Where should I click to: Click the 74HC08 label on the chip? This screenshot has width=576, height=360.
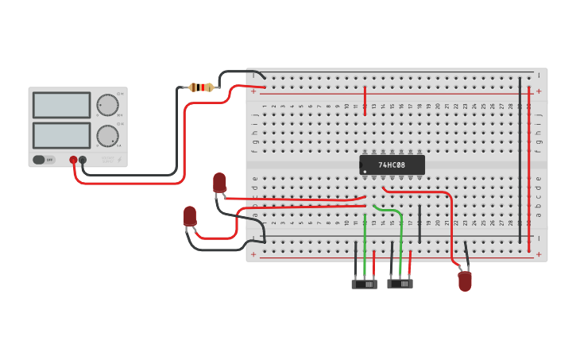point(392,165)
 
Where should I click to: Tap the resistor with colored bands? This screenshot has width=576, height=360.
point(202,87)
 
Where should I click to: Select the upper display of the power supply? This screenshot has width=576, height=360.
point(61,105)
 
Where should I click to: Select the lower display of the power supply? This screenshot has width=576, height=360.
point(61,135)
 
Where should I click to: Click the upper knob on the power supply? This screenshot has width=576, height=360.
point(107,105)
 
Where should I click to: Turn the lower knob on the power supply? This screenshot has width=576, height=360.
point(107,136)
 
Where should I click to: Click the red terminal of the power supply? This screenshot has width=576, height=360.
point(73,160)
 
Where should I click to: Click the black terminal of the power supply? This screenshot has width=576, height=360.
point(83,160)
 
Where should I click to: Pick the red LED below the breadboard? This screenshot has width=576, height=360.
point(465,281)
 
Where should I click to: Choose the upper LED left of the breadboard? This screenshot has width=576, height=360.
point(219,183)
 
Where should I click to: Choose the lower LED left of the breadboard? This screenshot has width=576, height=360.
point(190,216)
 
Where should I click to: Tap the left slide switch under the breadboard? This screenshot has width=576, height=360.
point(364,284)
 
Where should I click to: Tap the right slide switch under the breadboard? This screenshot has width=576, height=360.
point(400,283)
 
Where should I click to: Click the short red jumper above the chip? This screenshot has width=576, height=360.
point(365,100)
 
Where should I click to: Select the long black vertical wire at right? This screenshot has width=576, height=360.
point(520,159)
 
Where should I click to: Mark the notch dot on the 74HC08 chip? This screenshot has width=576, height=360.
point(363,170)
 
